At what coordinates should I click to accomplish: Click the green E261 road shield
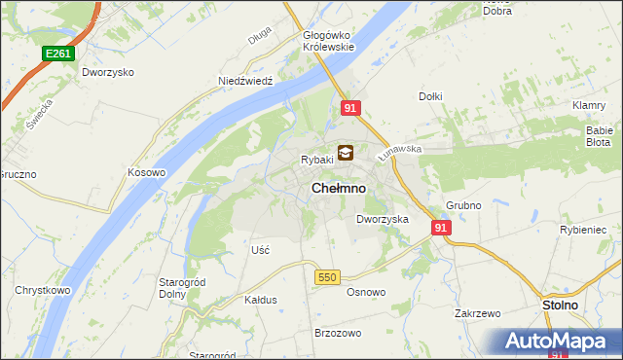[57, 54]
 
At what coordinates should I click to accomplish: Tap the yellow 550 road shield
[326, 277]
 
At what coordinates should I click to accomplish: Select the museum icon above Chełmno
[346, 153]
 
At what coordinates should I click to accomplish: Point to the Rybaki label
[317, 160]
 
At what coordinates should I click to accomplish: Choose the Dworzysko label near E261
[108, 72]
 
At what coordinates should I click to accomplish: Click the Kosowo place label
[147, 172]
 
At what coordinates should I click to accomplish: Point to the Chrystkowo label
[41, 290]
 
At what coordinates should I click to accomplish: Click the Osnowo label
[367, 292]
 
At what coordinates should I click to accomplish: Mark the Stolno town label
[560, 305]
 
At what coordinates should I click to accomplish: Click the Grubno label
[464, 206]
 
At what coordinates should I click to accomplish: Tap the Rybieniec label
[584, 230]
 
